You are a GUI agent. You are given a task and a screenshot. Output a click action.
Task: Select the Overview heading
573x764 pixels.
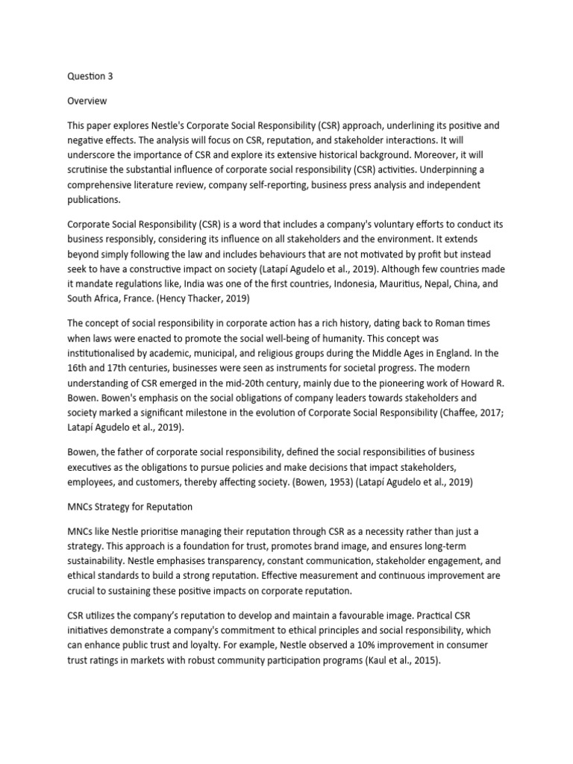pos(87,100)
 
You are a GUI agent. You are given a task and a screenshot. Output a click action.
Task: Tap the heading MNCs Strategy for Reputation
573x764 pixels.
pos(130,507)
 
